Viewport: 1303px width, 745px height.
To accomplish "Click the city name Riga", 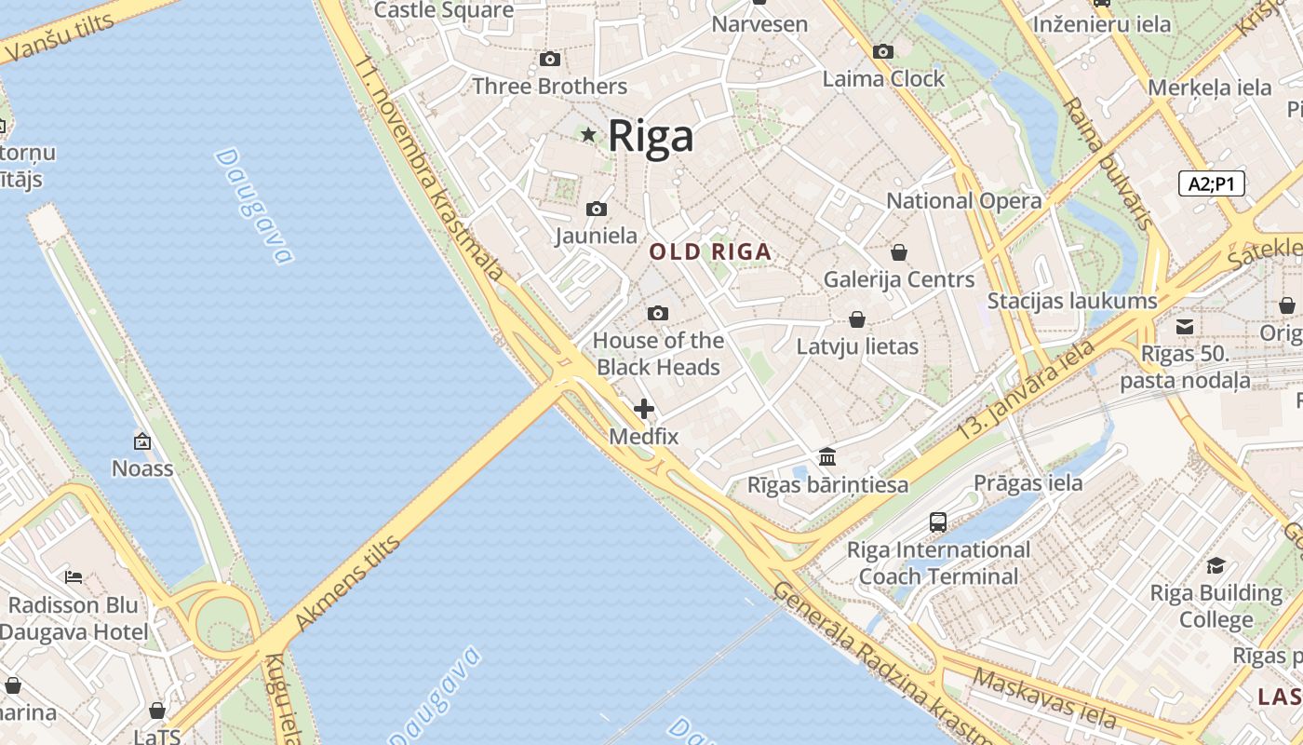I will (x=651, y=136).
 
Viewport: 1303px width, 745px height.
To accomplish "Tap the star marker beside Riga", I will (x=588, y=135).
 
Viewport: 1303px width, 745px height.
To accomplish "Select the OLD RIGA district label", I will (x=710, y=251).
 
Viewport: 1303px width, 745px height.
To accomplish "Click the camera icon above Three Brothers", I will (x=550, y=60).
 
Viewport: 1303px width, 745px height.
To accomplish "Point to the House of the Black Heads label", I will (x=658, y=354).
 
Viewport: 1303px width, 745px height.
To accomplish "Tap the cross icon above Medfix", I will (x=643, y=409).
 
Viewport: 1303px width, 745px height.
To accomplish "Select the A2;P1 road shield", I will (x=1211, y=183).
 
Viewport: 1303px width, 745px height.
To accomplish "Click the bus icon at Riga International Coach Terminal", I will (x=938, y=522).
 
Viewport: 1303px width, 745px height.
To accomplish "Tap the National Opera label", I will (x=963, y=201).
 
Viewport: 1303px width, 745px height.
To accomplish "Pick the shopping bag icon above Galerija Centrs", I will (x=899, y=252).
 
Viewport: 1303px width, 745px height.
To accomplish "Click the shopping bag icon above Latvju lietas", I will (x=857, y=320).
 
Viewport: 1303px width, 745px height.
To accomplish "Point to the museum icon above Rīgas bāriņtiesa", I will (x=827, y=457).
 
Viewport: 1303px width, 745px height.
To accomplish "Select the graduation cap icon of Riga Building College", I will (x=1216, y=565).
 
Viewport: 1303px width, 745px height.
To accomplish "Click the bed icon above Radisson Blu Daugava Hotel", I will (x=74, y=577).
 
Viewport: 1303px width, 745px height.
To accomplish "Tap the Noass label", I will (x=142, y=467).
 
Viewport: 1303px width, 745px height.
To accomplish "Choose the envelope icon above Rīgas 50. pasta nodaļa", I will (x=1185, y=327).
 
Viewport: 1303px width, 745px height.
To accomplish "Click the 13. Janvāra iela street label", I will (x=1027, y=389).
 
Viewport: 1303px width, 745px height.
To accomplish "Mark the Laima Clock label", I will (x=883, y=79).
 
